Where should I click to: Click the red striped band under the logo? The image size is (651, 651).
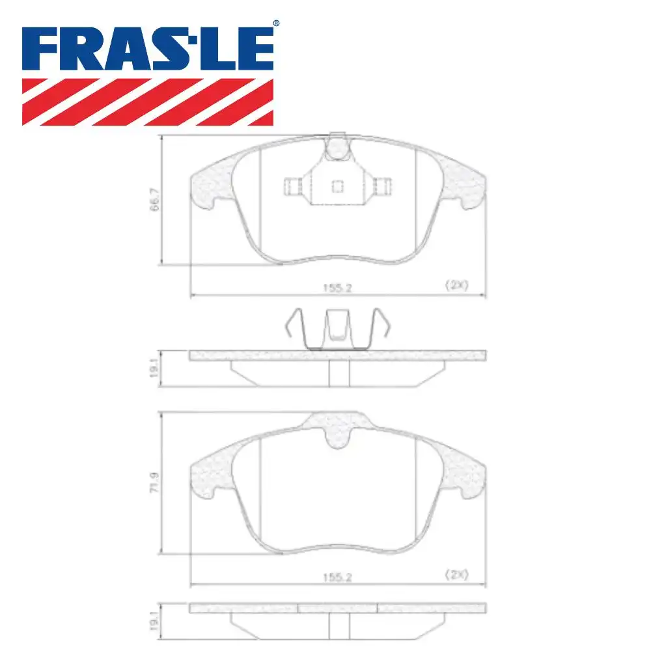(147, 102)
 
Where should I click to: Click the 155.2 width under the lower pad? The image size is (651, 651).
(337, 575)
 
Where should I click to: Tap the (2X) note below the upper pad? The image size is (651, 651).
(457, 285)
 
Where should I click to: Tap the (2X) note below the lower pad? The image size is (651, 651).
(457, 574)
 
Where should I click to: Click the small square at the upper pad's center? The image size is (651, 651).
(337, 187)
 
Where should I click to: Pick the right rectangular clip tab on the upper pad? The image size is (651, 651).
(383, 187)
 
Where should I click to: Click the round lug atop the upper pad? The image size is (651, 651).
(337, 147)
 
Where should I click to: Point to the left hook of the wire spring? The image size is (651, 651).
(292, 322)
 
